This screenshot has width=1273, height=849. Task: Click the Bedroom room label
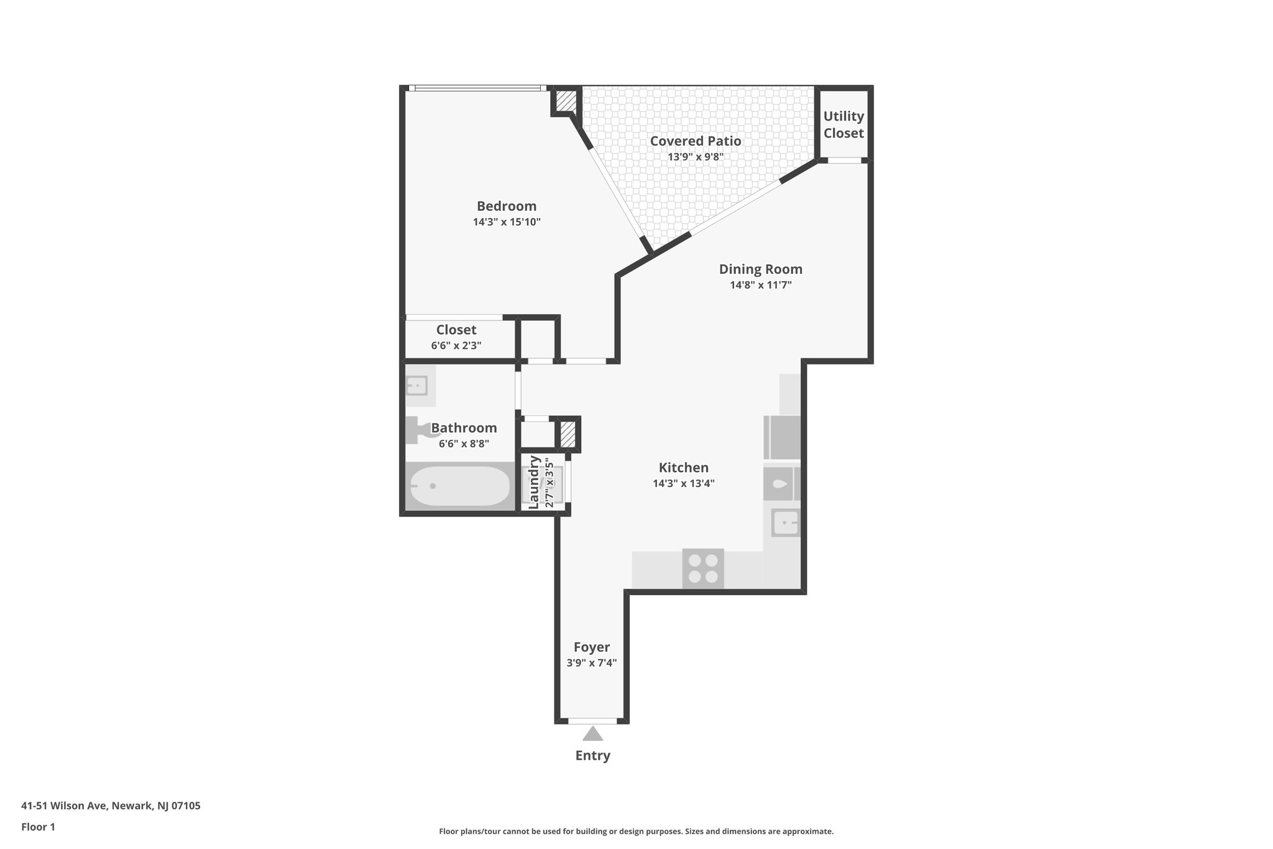506,206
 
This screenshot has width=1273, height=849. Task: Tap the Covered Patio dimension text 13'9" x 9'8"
695,157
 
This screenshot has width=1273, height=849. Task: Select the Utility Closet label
843,124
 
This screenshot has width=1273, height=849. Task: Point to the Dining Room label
760,269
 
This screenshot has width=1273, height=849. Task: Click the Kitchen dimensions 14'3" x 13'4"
683,483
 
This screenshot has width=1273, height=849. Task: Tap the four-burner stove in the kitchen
703,568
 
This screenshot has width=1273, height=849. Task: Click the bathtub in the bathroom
459,486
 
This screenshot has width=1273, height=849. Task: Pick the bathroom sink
417,386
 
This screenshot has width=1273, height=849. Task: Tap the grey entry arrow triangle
592,734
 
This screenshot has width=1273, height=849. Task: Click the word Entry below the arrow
592,755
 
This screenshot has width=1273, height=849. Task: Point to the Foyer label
591,647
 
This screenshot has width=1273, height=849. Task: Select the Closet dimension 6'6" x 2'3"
456,345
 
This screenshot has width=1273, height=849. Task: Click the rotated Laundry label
533,482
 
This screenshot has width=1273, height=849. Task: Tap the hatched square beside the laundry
567,434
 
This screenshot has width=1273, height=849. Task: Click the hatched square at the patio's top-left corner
565,101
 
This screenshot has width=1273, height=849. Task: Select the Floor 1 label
38,827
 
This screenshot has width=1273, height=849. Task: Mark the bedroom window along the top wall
477,88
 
